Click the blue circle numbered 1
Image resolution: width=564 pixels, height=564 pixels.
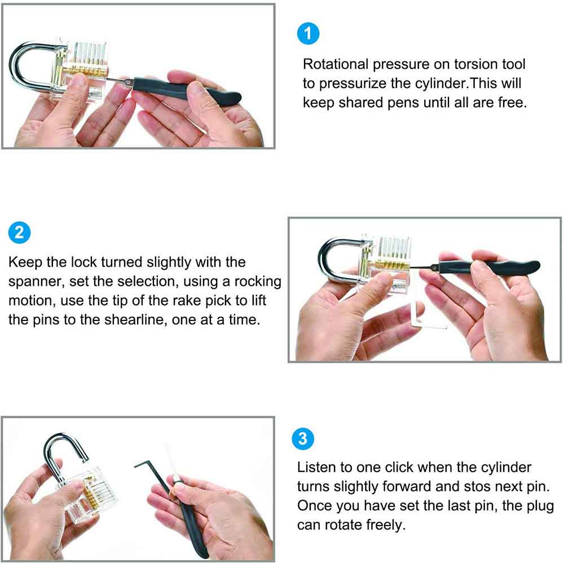tap(308, 34)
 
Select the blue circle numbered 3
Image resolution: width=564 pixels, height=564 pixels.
tap(303, 438)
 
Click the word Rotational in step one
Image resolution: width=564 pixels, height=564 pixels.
tap(336, 64)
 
